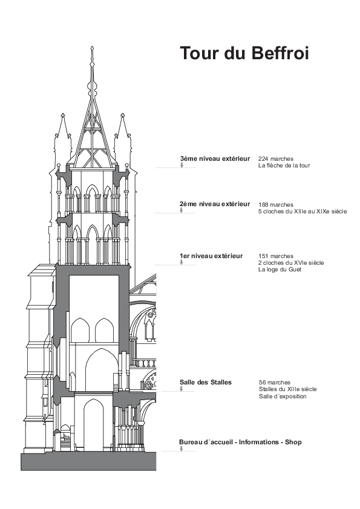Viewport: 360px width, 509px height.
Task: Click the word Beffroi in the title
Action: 280,53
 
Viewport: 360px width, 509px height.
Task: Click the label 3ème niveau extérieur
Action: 215,158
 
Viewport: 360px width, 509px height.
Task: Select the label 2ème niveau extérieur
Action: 215,204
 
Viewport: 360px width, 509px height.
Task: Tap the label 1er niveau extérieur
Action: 211,256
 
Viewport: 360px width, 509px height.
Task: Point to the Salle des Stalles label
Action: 206,382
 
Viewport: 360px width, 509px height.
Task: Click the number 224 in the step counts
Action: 263,159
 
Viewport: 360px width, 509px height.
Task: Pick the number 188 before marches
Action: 263,205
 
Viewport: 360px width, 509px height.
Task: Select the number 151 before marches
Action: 263,256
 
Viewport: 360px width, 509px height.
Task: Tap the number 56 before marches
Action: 262,383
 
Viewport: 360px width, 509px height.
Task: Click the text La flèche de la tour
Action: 284,166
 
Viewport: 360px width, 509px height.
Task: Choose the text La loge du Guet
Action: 280,270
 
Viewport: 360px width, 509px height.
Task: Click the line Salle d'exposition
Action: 283,397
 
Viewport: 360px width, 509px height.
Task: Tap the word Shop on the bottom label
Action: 293,442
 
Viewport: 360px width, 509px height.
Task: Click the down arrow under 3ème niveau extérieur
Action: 182,165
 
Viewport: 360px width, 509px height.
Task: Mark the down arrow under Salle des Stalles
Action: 182,389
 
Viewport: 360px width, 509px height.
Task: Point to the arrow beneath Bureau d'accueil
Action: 182,449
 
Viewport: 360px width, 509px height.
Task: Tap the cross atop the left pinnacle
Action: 62,115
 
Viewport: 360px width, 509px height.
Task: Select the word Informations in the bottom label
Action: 259,442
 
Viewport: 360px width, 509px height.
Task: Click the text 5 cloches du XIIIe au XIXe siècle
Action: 303,212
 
